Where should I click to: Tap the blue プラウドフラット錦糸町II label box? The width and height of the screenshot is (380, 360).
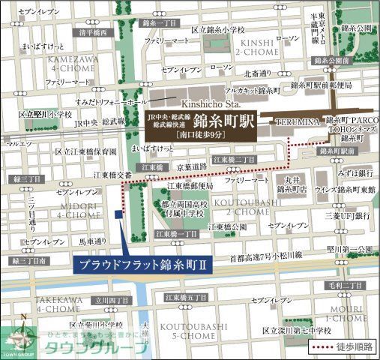[x=142, y=264]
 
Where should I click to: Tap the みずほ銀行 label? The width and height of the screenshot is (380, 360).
[x=354, y=171]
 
